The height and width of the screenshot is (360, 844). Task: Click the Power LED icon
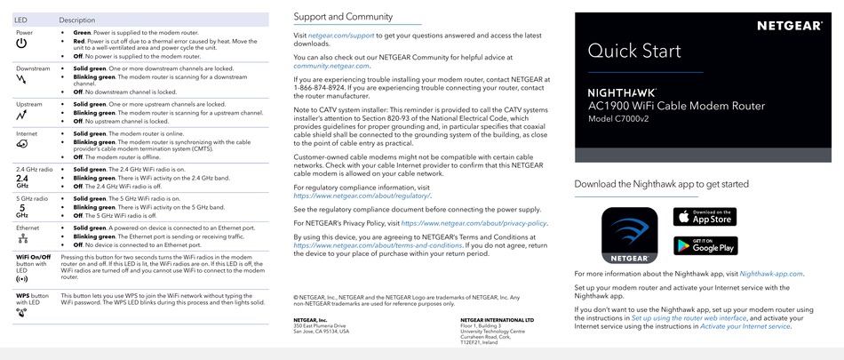tap(22, 43)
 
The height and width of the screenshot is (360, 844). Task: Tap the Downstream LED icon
tap(22, 79)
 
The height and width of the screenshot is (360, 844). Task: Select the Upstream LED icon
tap(22, 115)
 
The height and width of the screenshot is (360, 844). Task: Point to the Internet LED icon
tap(22, 144)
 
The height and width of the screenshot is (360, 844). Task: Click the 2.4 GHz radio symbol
tap(22, 180)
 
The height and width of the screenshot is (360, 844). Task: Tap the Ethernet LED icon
tap(22, 238)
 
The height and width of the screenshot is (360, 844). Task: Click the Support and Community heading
tap(343, 16)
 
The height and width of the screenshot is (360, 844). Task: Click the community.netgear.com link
tap(331, 65)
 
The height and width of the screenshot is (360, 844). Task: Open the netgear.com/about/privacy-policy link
tap(474, 223)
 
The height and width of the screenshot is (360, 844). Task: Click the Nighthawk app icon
tap(629, 235)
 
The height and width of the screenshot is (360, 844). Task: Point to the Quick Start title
tap(634, 51)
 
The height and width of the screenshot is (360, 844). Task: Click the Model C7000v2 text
tap(625, 119)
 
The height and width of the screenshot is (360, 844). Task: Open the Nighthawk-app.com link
tap(770, 274)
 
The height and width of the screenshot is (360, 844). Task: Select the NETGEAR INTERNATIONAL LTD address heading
tap(497, 319)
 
